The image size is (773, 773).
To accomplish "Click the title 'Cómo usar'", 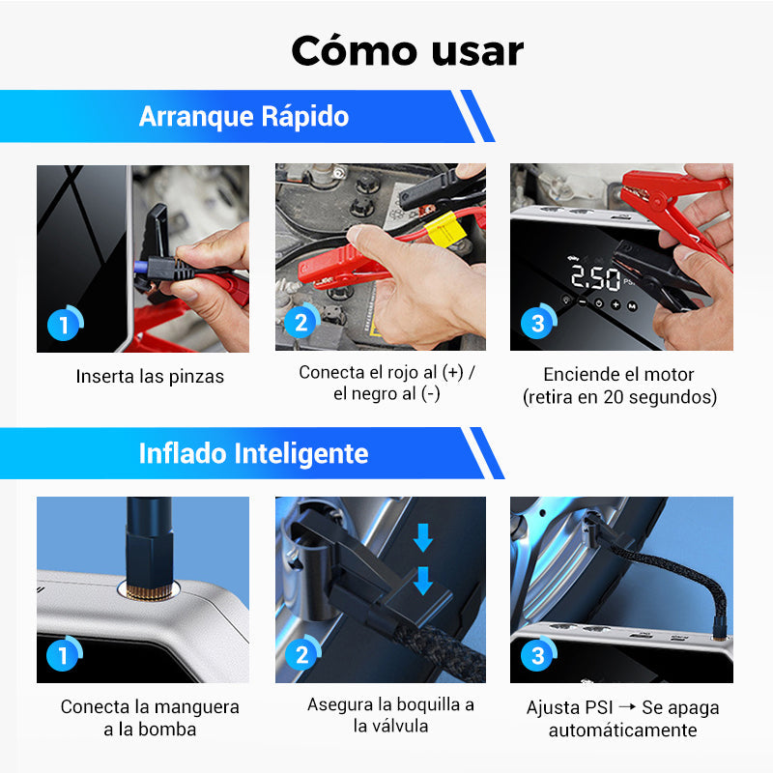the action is pos(407,51).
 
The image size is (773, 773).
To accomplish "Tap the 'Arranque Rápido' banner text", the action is pos(244,117).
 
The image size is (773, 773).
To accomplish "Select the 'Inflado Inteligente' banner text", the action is pos(253,453).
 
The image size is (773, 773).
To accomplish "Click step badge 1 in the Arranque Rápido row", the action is pos(65,325).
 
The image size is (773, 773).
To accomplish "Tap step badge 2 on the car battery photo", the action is pos(301,322).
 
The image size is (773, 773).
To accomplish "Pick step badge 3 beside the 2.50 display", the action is pos(538,323).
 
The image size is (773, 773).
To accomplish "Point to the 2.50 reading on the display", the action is pos(595,278).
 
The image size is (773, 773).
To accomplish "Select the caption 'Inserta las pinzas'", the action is pos(150,376).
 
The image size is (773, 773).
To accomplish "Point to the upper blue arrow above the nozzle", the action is pos(423,537).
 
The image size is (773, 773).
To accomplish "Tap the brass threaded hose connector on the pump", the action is pos(149,591).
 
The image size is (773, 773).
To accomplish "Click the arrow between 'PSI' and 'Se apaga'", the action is pos(627,706).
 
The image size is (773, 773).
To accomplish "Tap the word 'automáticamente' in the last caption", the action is pos(622,730).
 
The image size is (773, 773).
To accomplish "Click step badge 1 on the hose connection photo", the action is pos(64,655).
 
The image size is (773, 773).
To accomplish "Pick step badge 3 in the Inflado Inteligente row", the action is pos(538,655).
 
